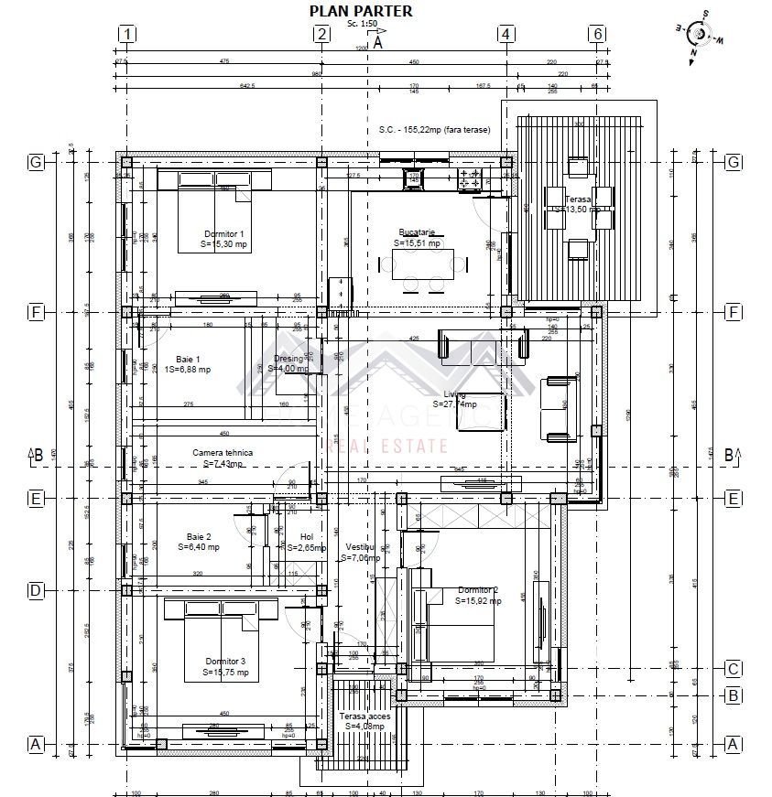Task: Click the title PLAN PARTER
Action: [360, 11]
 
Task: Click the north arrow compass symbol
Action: [700, 34]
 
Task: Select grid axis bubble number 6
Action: [597, 35]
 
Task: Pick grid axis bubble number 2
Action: [321, 35]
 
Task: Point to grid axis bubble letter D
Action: [36, 590]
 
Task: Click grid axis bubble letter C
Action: [733, 668]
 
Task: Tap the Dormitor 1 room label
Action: [223, 234]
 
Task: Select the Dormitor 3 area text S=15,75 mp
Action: [225, 673]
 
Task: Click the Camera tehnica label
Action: [222, 453]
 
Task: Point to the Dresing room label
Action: [288, 359]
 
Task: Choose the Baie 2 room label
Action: [199, 536]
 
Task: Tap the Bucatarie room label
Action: [417, 232]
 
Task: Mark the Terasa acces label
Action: [364, 716]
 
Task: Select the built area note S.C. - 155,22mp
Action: [434, 130]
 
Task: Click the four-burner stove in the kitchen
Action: [470, 178]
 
